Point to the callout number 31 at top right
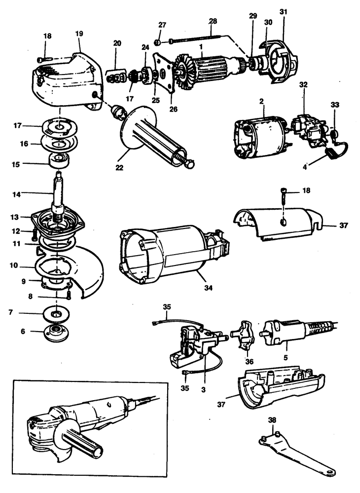pyautogui.click(x=283, y=10)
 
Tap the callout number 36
pyautogui.click(x=250, y=361)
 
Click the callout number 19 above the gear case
pyautogui.click(x=79, y=34)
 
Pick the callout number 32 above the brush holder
pyautogui.click(x=303, y=84)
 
